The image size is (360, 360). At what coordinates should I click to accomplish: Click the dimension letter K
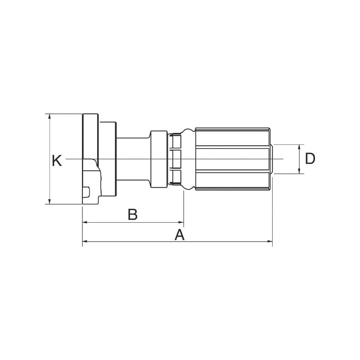[x=57, y=161]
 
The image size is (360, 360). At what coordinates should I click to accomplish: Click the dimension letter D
[x=310, y=158]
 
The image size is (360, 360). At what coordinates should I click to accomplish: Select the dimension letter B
[x=132, y=214]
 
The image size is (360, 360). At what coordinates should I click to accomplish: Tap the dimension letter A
[x=180, y=234]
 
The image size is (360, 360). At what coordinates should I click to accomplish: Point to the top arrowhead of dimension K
[x=49, y=117]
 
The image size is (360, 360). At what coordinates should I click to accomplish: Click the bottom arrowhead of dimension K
[x=49, y=201]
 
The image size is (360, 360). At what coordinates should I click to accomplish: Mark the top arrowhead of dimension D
[x=299, y=147]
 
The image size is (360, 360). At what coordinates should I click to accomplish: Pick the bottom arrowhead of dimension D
[x=299, y=171]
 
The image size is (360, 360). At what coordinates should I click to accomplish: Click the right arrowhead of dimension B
[x=181, y=222]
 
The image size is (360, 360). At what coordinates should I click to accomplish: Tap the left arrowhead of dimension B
[x=85, y=222]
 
